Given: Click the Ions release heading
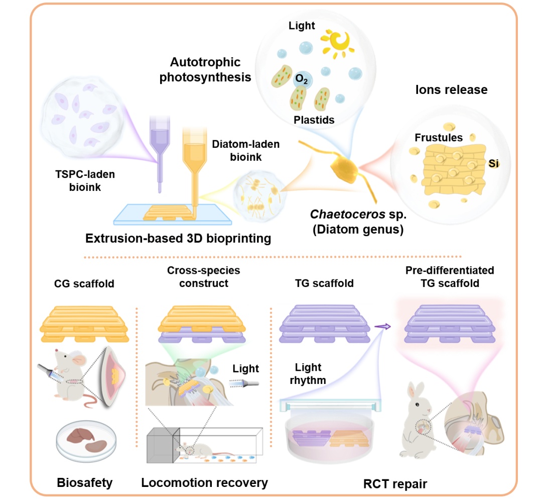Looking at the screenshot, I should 451,89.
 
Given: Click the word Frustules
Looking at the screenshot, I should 438,137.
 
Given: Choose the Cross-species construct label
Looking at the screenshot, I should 203,277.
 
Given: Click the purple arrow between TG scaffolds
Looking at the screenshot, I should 384,326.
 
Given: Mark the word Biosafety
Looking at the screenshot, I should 85,483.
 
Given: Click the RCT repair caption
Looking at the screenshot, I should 395,484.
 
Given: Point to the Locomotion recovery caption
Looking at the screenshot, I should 204,483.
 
